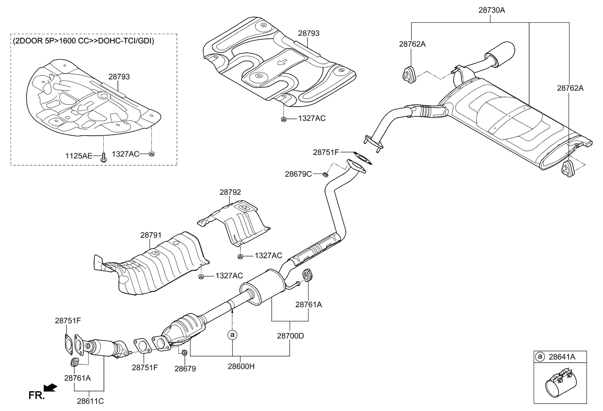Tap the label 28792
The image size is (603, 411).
tap(230, 192)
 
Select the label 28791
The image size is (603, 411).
tap(151, 235)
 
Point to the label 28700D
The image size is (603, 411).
tap(290, 335)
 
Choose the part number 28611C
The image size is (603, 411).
tap(90, 401)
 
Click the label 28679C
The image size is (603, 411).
tap(298, 173)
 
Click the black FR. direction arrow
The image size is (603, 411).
tap(50, 387)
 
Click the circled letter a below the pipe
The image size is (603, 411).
tap(232, 334)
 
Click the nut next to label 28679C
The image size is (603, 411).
tap(326, 173)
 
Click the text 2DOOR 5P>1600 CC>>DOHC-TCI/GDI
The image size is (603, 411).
tap(84, 41)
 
